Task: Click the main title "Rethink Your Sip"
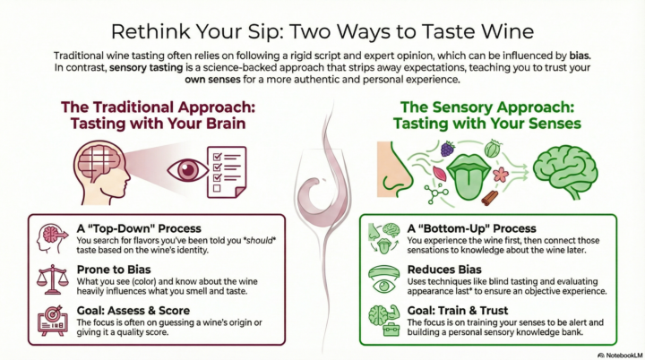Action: (x=322, y=23)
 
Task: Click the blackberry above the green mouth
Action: (x=446, y=149)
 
